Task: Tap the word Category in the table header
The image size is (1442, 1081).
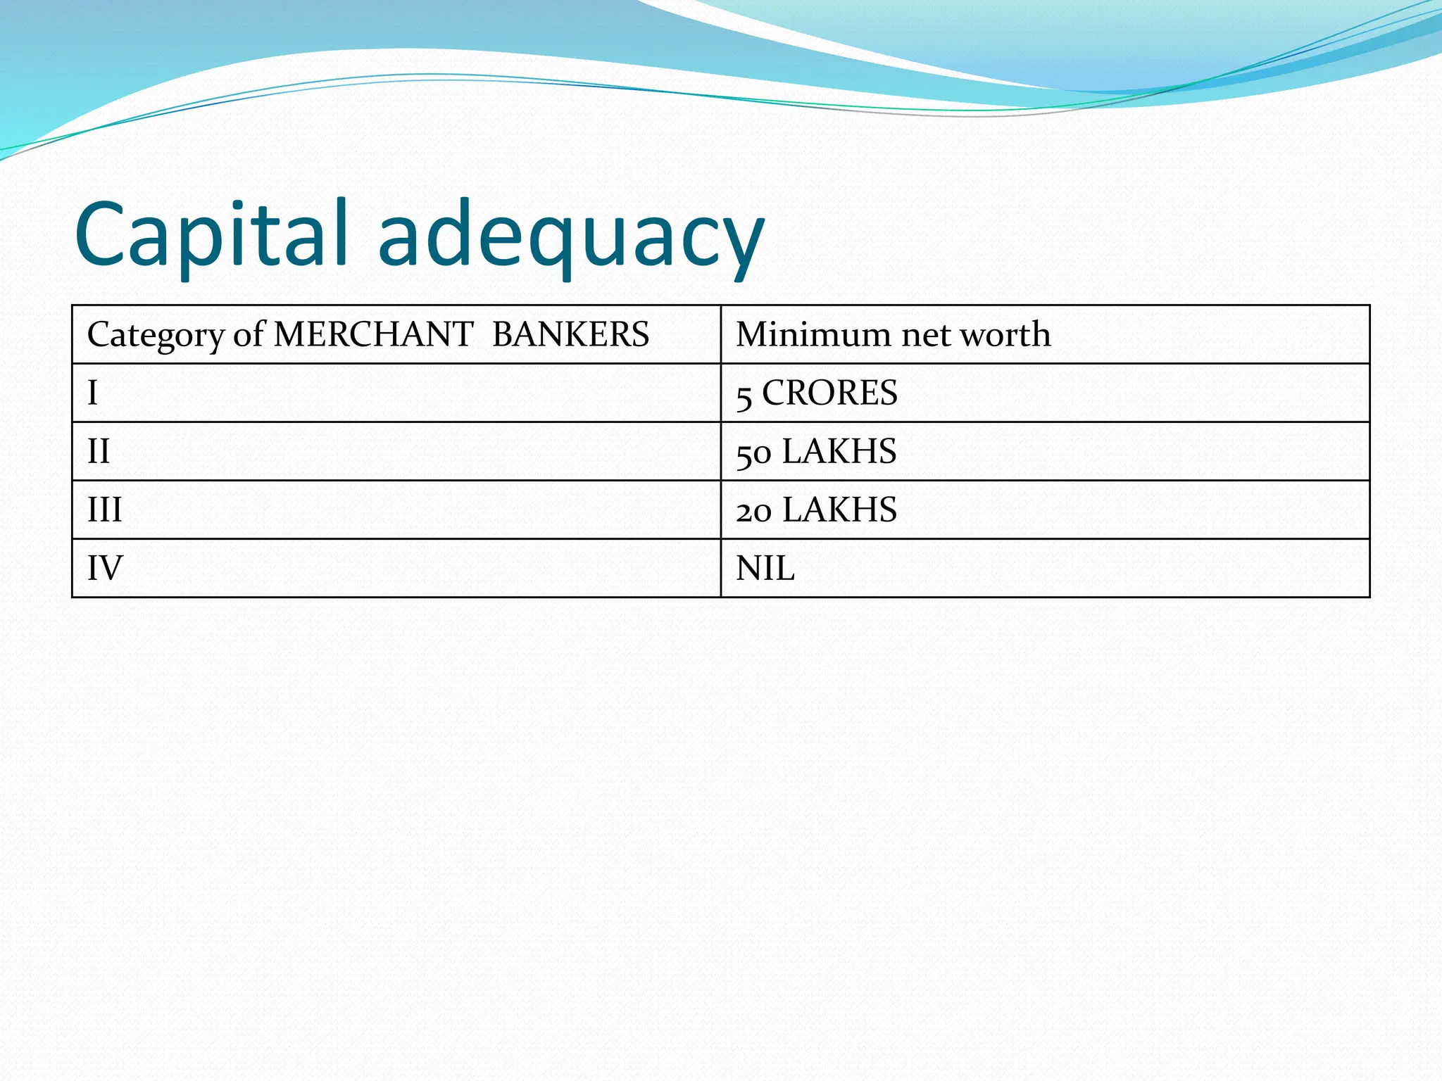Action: tap(156, 335)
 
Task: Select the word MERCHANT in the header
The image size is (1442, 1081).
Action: tap(373, 334)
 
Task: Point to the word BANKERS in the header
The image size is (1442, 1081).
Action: tap(570, 334)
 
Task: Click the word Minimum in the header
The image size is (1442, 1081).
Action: tap(813, 334)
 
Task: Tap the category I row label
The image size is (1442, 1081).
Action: tap(92, 393)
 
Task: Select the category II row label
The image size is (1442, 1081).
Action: tap(99, 451)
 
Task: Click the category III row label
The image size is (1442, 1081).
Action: tap(104, 510)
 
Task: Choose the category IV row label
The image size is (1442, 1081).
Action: tap(105, 568)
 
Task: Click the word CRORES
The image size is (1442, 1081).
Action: tap(829, 393)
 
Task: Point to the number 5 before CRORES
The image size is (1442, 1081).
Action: tap(744, 396)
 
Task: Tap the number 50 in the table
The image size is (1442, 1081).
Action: tap(753, 453)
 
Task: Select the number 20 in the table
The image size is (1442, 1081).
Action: tap(753, 512)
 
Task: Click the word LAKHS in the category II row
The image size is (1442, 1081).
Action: tap(839, 451)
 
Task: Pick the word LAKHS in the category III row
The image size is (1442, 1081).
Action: tap(839, 510)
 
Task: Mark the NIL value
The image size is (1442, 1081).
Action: tap(765, 568)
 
